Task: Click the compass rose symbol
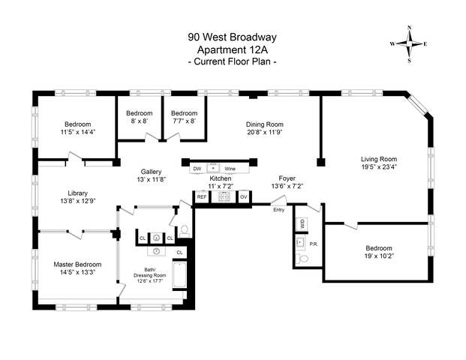(409, 43)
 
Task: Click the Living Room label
(378, 159)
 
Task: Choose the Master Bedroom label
(77, 264)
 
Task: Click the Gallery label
(152, 172)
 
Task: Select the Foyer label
(287, 178)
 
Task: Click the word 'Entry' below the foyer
(279, 210)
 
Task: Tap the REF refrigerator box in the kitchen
(201, 196)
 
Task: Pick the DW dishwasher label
(197, 169)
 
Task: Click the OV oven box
(243, 196)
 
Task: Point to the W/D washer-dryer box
(302, 223)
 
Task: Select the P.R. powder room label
(312, 244)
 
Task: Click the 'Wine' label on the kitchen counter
(230, 169)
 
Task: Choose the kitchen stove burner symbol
(222, 196)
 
